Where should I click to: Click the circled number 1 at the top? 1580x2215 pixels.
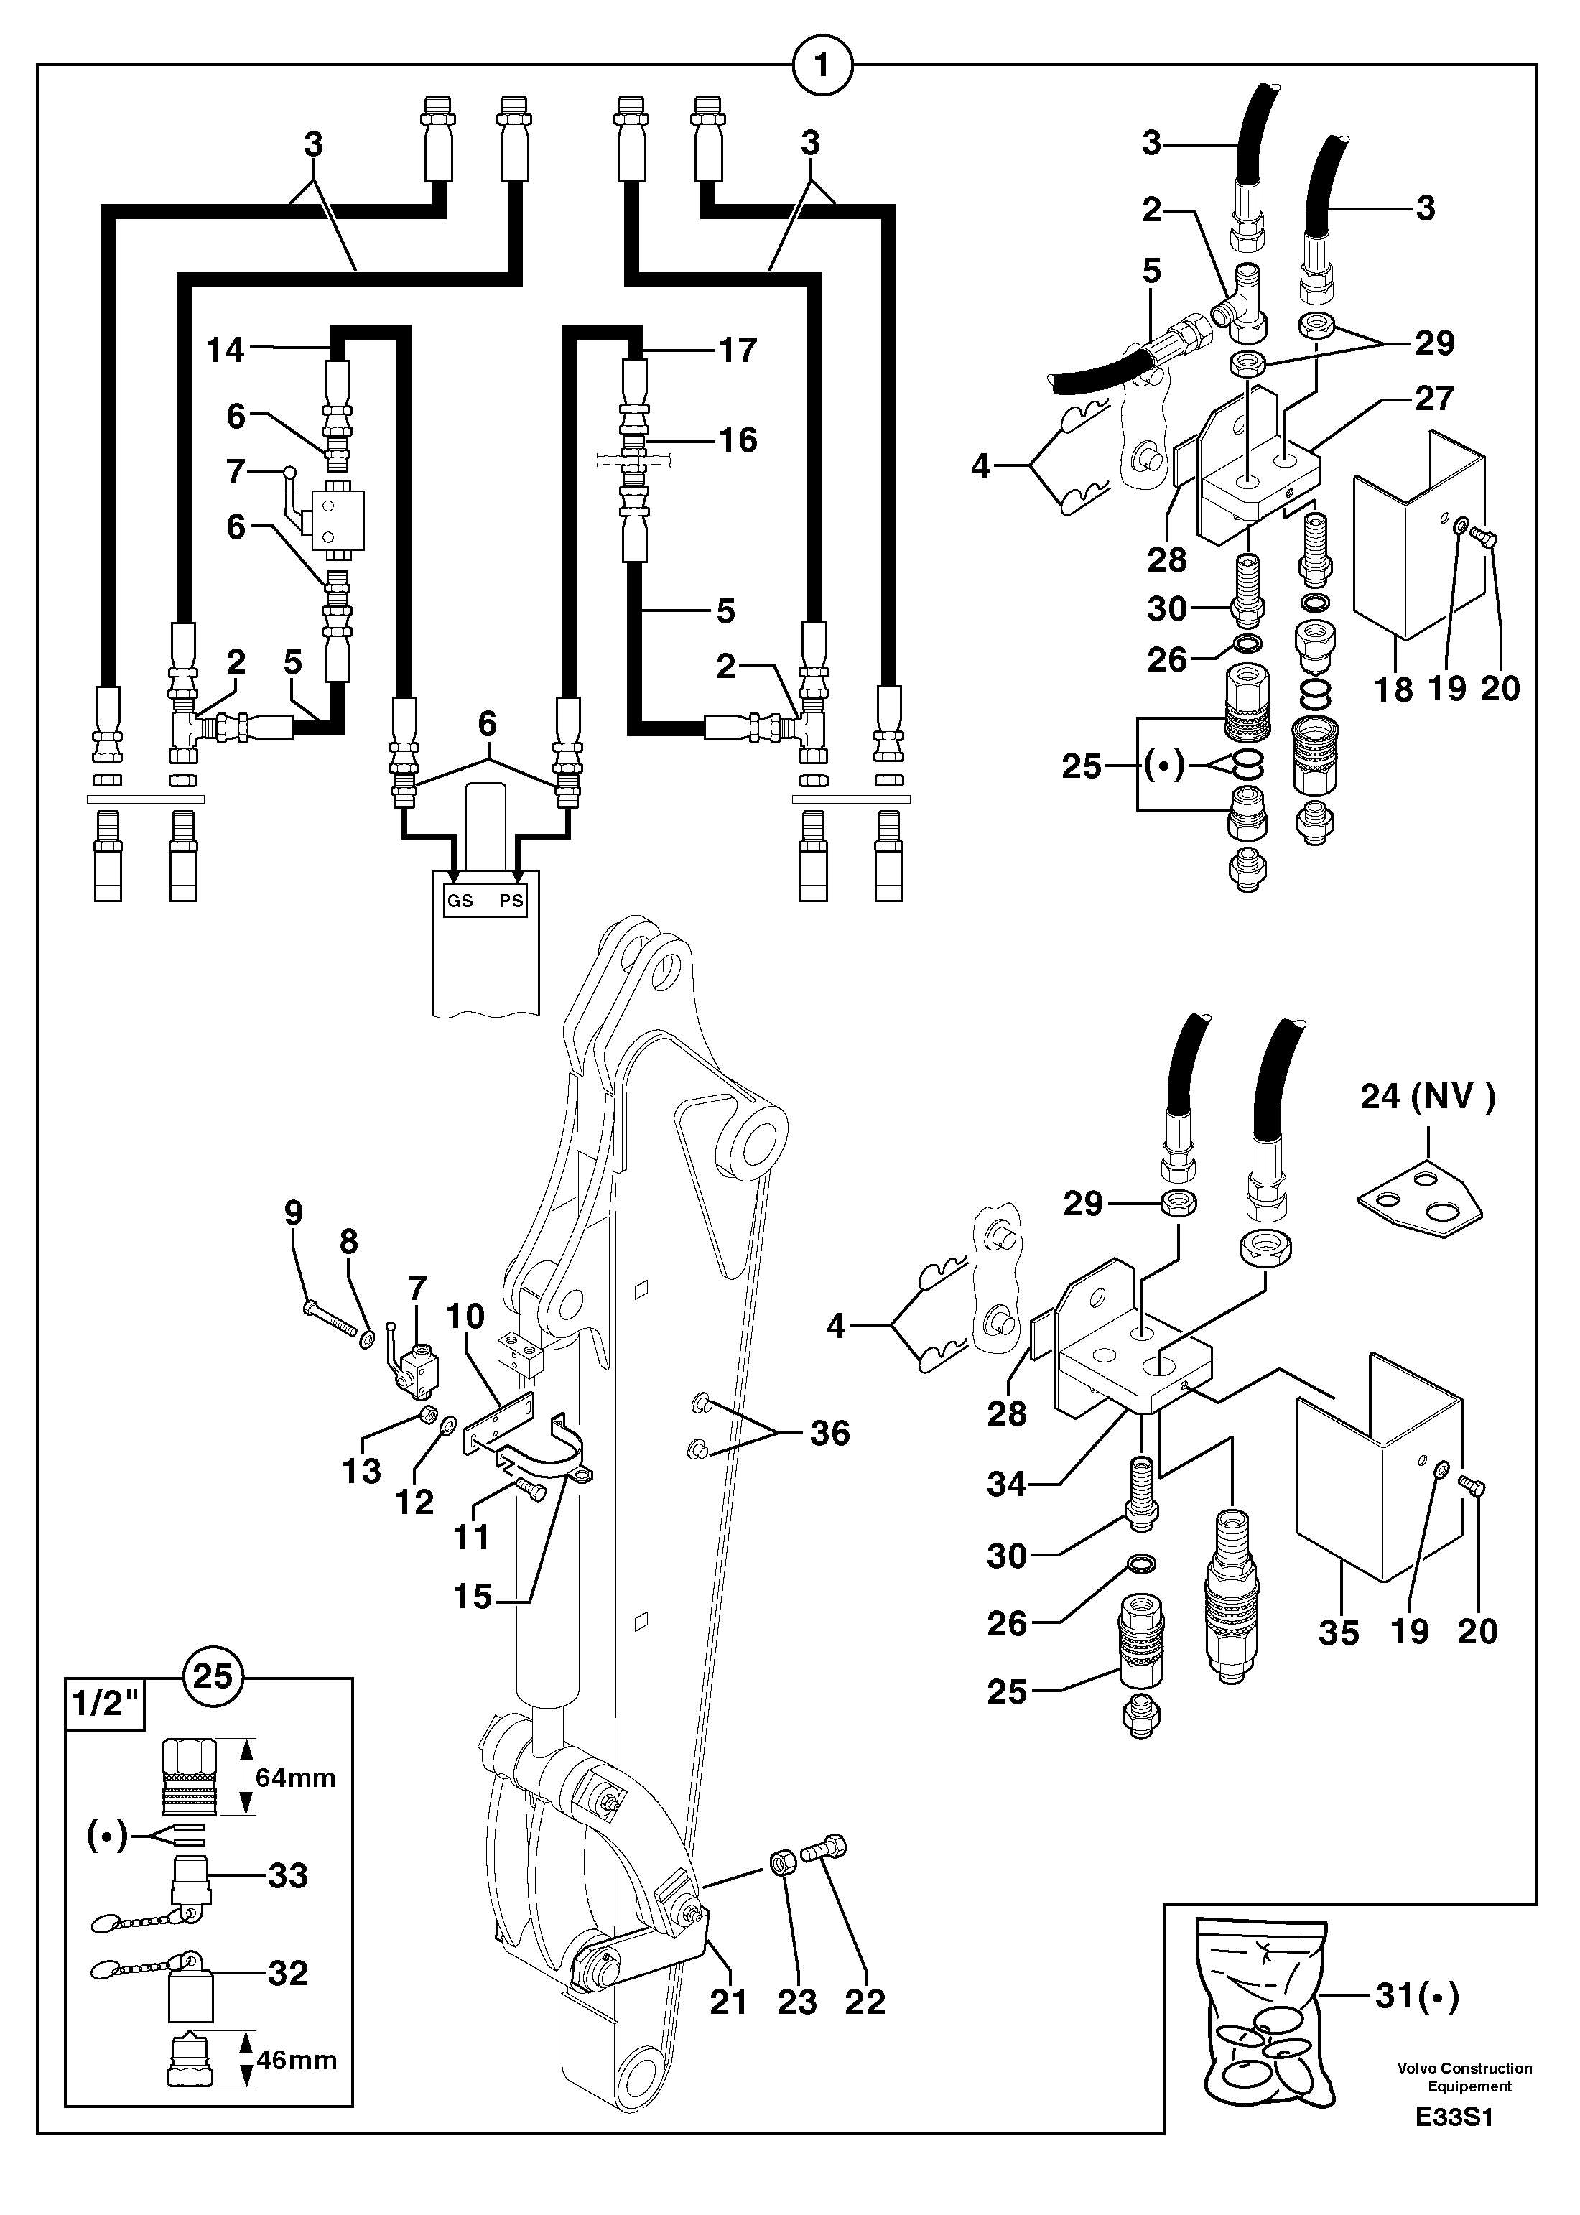(x=822, y=67)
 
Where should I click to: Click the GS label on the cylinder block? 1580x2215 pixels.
(x=460, y=901)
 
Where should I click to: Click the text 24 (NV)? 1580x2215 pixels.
(x=1427, y=1097)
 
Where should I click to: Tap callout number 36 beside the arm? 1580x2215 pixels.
(x=829, y=1433)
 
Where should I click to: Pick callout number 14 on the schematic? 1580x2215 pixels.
(x=226, y=349)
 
